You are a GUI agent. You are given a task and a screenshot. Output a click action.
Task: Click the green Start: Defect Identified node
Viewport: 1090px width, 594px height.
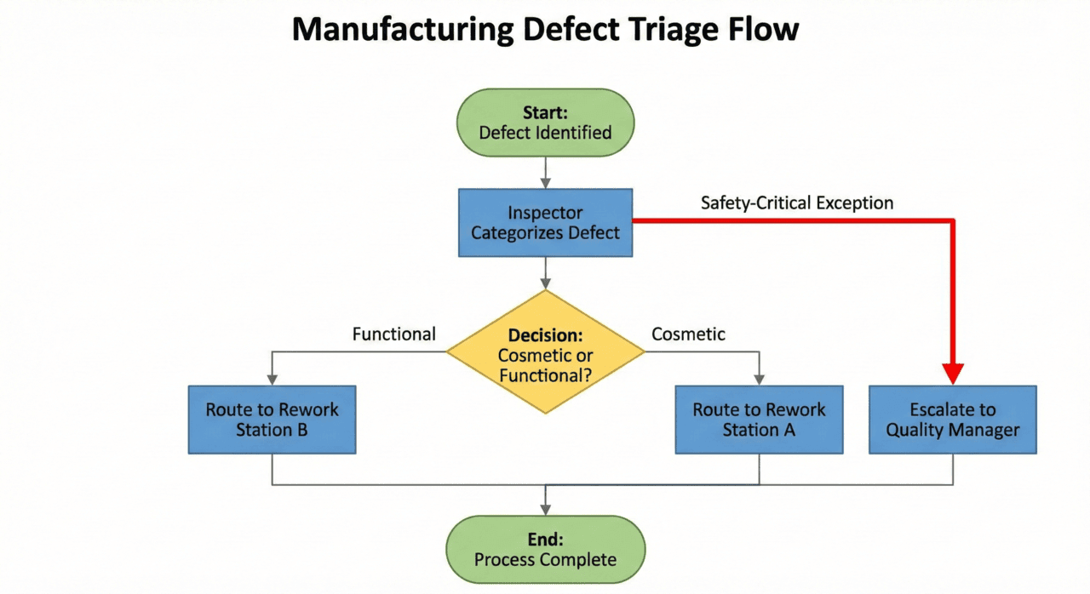[x=545, y=123]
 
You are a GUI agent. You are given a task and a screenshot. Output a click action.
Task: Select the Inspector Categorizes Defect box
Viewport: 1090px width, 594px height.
[x=545, y=222]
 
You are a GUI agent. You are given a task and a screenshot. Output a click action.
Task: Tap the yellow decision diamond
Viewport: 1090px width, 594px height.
[x=545, y=352]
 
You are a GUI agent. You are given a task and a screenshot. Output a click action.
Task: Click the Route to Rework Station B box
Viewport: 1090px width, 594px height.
[x=272, y=420]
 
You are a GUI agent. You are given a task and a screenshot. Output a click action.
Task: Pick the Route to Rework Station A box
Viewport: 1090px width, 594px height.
[x=759, y=420]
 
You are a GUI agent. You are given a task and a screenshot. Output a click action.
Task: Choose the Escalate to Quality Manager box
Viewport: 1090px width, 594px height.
[x=952, y=420]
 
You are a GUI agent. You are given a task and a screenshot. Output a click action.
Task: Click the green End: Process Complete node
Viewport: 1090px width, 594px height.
[x=545, y=549]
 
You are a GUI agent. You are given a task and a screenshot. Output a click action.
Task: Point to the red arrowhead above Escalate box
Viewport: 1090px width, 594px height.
[x=953, y=373]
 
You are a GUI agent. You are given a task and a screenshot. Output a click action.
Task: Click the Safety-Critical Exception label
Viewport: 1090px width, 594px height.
[x=797, y=203]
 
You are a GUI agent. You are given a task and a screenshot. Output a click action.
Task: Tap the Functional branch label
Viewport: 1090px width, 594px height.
[x=393, y=334]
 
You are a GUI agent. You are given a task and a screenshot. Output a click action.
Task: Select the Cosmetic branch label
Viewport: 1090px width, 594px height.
[x=688, y=334]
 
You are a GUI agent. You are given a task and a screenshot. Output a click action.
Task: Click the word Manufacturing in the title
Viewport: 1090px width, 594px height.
[x=402, y=31]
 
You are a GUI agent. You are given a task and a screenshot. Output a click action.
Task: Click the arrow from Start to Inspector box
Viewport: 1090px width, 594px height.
[x=545, y=173]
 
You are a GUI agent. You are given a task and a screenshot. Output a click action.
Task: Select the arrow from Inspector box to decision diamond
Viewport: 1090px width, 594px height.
[x=545, y=272]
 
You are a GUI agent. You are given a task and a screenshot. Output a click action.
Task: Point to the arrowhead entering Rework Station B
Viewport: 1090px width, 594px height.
[x=272, y=379]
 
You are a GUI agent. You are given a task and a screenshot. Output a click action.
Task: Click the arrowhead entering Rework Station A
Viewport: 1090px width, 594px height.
[x=759, y=379]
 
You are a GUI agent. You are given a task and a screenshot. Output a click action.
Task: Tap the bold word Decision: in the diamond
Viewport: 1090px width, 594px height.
[x=545, y=336]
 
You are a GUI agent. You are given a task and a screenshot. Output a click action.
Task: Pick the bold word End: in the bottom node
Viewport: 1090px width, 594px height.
[x=545, y=540]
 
